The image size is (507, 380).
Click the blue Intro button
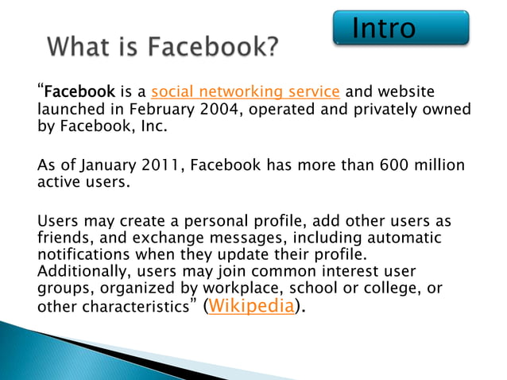(x=400, y=28)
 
